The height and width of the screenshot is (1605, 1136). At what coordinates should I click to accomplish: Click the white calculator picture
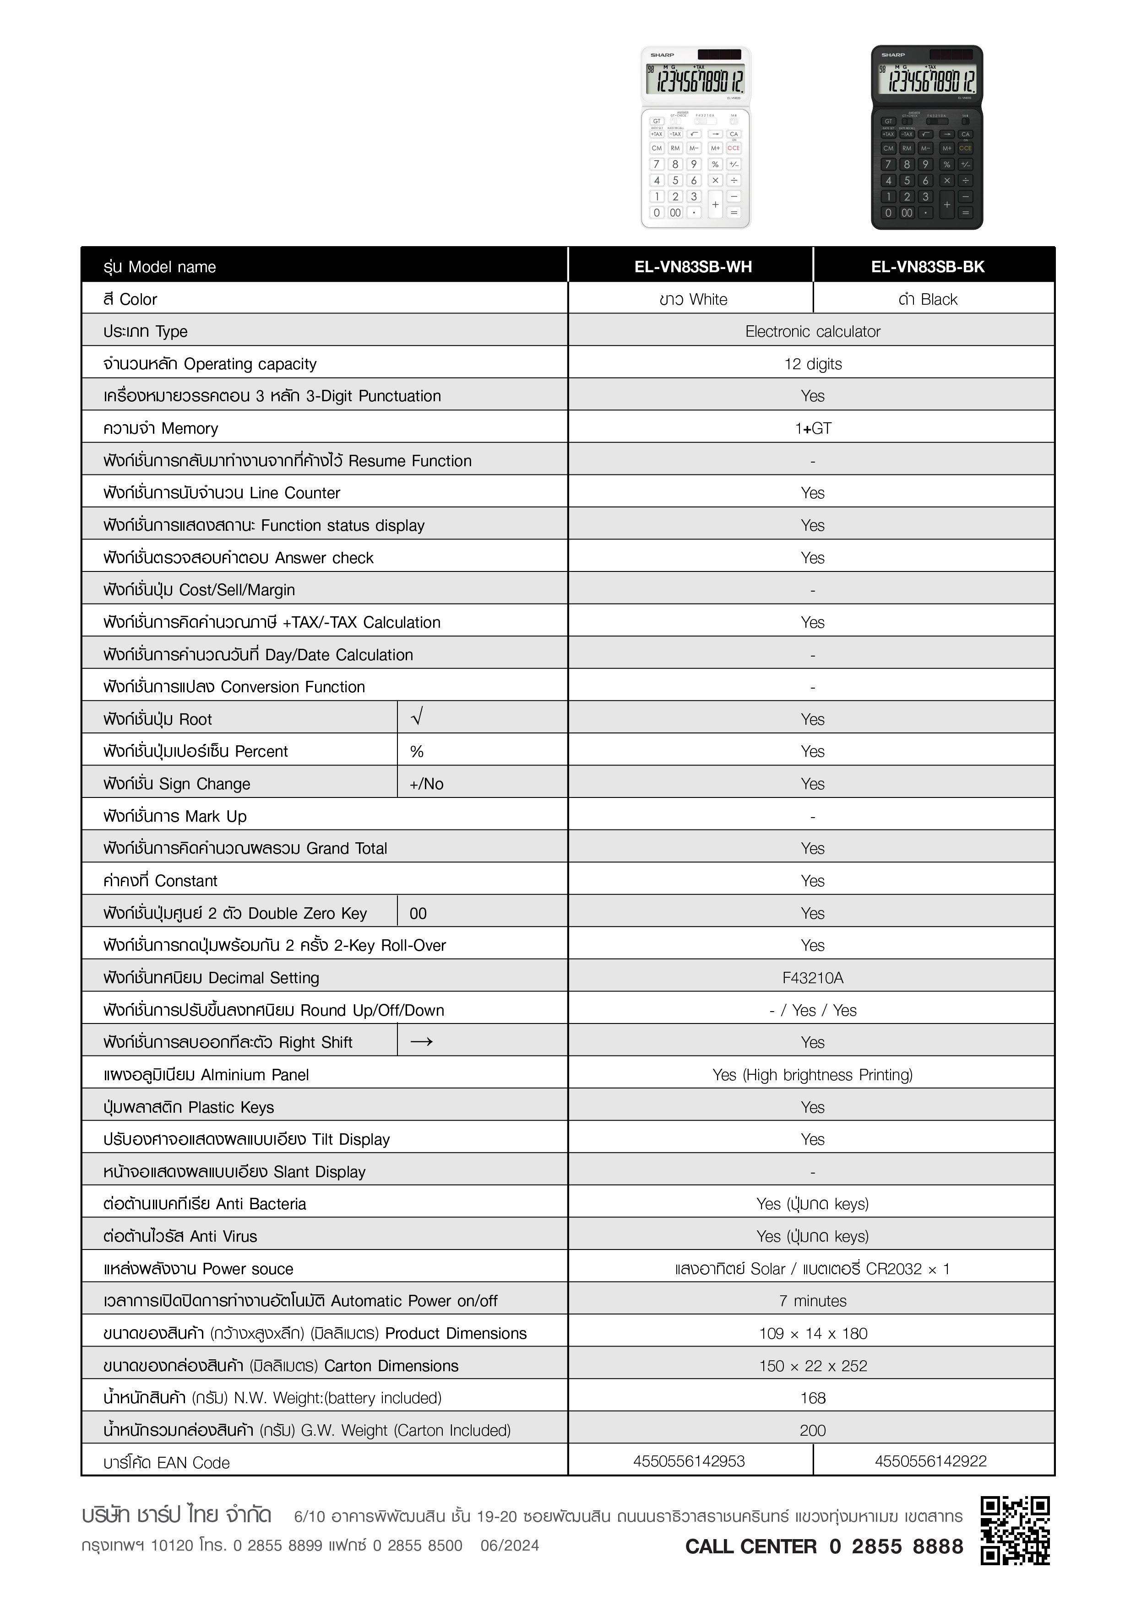pos(696,138)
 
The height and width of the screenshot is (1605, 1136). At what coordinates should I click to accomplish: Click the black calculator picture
pos(927,138)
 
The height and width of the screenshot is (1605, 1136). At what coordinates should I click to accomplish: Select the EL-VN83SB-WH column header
pos(692,266)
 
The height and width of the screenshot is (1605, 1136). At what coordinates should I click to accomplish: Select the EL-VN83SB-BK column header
pos(928,266)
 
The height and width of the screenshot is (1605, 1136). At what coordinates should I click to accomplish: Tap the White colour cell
pos(692,299)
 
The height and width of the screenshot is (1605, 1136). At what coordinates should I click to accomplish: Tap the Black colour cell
pos(928,299)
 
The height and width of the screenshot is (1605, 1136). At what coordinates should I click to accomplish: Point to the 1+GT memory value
pos(813,429)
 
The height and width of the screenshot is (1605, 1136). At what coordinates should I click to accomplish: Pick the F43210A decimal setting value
pos(813,978)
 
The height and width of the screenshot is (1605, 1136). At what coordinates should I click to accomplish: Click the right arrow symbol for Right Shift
pos(421,1042)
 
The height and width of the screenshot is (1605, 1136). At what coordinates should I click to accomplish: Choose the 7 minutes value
pos(813,1301)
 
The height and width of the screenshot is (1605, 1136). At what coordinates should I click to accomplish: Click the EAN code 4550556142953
pos(689,1461)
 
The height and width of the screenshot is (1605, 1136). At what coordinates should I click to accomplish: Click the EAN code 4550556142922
pos(930,1461)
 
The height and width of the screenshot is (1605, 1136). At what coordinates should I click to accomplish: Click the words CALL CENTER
pos(750,1546)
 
